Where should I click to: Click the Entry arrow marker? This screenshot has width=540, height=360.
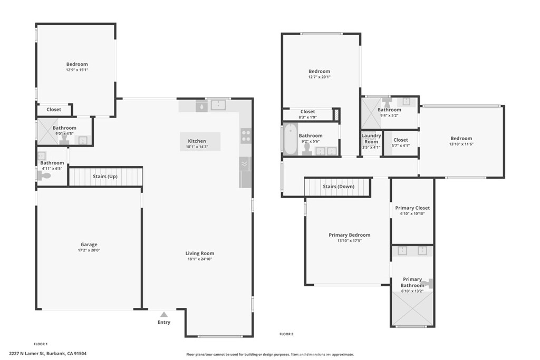(x=164, y=314)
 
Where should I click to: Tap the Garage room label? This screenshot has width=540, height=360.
(x=89, y=245)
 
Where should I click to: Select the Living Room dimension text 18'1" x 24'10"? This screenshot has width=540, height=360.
(x=200, y=259)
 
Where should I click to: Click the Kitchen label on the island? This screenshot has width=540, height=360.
(x=197, y=141)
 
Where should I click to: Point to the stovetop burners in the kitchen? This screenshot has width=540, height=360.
(x=245, y=137)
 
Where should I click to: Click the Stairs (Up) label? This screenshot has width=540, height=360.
(x=105, y=177)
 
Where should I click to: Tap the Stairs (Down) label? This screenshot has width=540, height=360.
(x=338, y=187)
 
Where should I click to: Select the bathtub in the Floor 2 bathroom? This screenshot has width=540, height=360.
(x=290, y=139)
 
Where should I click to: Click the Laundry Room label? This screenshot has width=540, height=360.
(x=371, y=139)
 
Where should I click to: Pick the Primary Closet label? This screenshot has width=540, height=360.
(x=412, y=208)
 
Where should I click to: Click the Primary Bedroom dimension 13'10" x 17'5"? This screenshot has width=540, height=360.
(x=349, y=241)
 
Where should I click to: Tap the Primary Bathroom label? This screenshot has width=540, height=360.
(x=412, y=282)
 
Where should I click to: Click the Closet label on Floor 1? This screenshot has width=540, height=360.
(x=54, y=110)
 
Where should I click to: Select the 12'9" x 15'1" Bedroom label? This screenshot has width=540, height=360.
(x=77, y=64)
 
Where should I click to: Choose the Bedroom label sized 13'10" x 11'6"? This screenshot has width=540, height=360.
(x=461, y=138)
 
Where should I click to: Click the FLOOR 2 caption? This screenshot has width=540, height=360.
(x=286, y=334)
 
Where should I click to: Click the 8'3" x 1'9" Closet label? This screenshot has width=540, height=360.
(x=307, y=112)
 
